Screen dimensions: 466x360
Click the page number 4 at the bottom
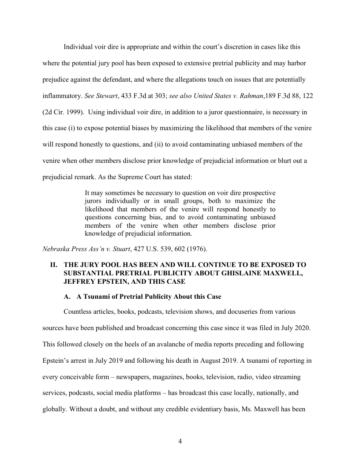pyautogui.click(x=180, y=441)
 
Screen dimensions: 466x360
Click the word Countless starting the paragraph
pyautogui.click(x=78, y=312)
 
